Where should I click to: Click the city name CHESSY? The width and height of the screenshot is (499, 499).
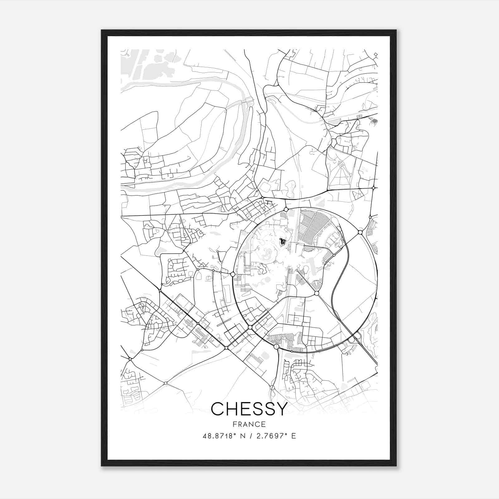coord(249,409)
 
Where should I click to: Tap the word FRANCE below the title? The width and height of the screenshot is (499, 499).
coord(249,424)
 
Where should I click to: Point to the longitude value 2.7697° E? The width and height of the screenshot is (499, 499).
coord(276,436)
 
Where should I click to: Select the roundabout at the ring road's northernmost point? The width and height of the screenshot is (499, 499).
coord(286,209)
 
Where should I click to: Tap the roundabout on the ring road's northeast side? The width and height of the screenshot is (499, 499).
coord(360,232)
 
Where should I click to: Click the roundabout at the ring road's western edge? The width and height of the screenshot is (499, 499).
coord(232,274)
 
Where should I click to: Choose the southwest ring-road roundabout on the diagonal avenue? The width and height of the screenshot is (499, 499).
coord(250,327)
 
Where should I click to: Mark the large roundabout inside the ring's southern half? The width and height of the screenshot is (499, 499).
coord(317,293)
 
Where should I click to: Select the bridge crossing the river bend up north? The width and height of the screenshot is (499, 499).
coord(249,100)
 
